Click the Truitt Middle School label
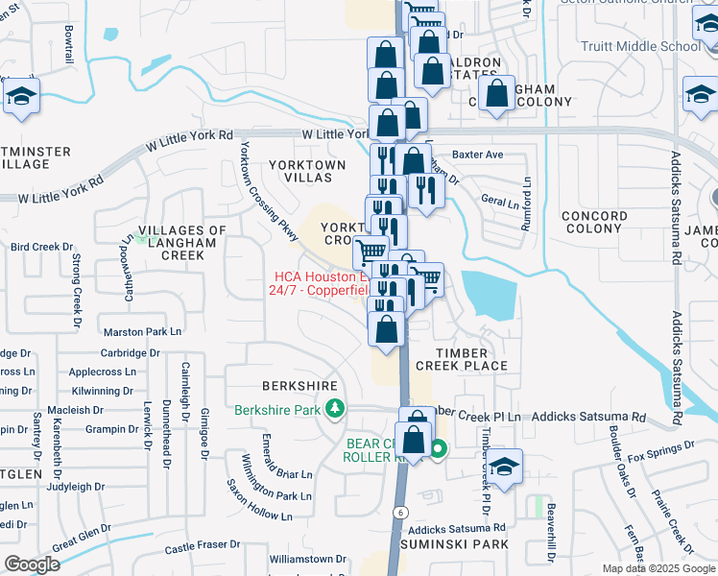(x=641, y=46)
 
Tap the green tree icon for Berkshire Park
(x=335, y=410)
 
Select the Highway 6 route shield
(x=396, y=512)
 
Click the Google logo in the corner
(x=32, y=564)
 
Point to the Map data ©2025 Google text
(x=658, y=568)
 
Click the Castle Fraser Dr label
(x=202, y=545)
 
